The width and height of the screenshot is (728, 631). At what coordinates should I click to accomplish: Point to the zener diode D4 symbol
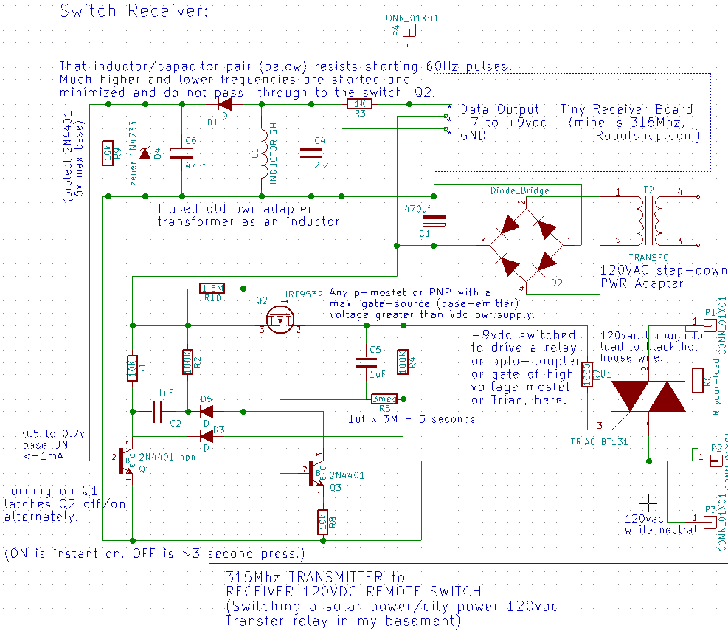[145, 154]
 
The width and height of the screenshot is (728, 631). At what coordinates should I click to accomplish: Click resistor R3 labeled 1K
[360, 105]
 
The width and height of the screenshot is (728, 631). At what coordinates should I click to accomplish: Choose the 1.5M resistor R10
[212, 288]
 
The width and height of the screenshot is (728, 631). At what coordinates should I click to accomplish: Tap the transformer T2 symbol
[649, 219]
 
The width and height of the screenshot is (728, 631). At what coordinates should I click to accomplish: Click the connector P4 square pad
[410, 31]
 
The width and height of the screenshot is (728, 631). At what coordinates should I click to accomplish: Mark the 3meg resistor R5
[384, 399]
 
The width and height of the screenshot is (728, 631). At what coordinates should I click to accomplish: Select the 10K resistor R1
[132, 367]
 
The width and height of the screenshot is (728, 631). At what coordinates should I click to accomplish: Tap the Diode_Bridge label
[520, 190]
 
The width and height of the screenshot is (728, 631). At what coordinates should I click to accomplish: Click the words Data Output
[500, 109]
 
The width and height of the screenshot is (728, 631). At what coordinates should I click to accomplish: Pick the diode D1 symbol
[219, 105]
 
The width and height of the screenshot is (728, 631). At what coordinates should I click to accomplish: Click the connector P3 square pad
[710, 523]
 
